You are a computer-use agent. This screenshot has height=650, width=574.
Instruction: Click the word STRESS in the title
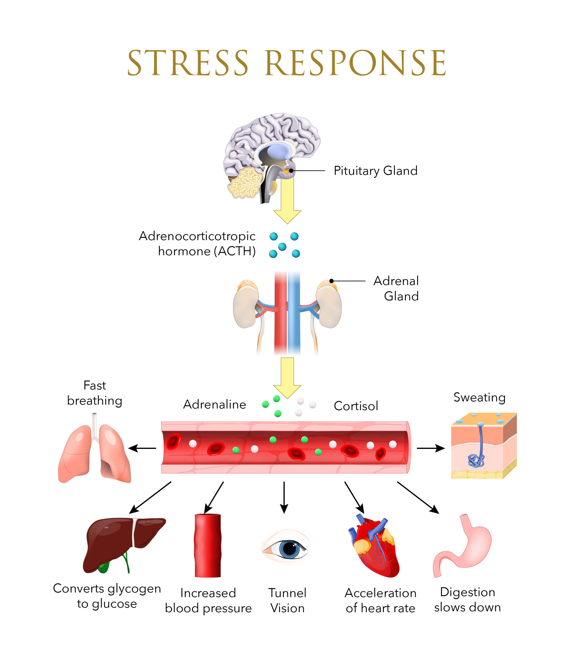tap(188, 63)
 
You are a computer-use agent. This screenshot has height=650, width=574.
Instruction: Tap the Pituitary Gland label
tap(375, 171)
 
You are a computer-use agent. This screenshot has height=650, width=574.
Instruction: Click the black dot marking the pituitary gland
tap(291, 171)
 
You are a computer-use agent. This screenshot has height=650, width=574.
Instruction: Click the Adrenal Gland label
tap(396, 288)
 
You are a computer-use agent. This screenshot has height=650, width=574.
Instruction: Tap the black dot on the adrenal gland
tap(331, 281)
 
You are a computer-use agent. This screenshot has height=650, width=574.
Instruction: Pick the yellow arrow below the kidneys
tap(287, 378)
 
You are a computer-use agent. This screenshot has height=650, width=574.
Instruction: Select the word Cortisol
tap(356, 406)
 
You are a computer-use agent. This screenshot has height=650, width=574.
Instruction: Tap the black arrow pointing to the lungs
tap(142, 448)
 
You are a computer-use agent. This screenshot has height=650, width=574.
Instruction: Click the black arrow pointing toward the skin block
tap(431, 448)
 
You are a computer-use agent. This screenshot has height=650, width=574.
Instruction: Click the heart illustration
tap(373, 546)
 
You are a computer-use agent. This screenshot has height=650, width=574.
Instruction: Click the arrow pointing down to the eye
tap(284, 498)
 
